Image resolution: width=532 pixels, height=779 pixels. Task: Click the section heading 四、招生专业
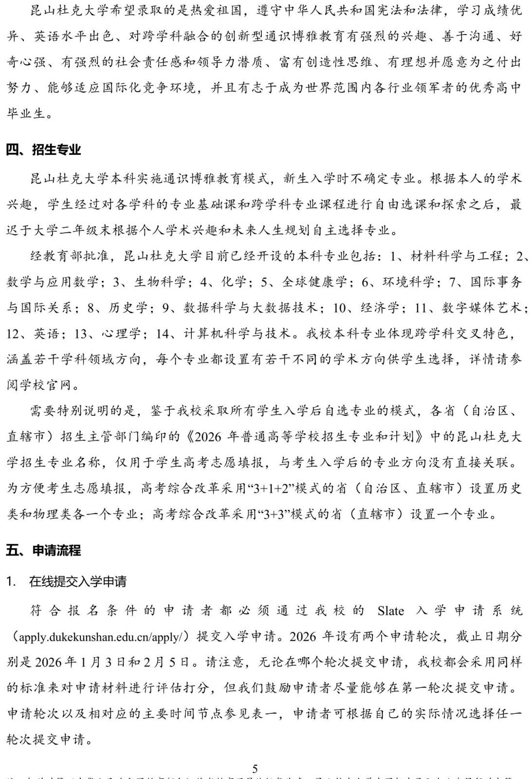[43, 149]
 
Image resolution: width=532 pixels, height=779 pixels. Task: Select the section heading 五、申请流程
[43, 550]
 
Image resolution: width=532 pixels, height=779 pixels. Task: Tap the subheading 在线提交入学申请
[78, 581]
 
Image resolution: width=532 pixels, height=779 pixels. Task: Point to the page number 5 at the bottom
[255, 768]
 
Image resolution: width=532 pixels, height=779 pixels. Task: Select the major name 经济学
[380, 308]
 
